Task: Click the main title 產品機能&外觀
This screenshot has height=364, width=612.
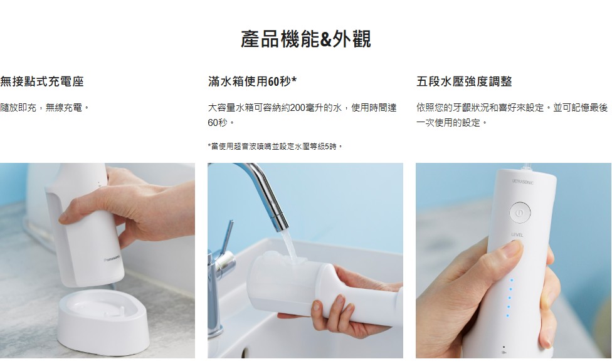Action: (305, 39)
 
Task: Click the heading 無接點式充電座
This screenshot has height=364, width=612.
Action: (42, 81)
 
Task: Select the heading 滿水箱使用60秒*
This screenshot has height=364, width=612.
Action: (252, 81)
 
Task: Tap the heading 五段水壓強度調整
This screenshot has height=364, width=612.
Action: (464, 81)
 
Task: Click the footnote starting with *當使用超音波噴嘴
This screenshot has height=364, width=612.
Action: (275, 147)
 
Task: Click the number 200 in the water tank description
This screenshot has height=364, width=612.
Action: (298, 107)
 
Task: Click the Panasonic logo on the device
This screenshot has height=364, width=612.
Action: (113, 259)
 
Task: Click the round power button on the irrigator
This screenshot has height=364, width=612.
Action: (519, 212)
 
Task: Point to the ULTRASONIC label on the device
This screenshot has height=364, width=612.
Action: (522, 182)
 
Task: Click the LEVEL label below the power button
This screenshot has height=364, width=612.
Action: (517, 234)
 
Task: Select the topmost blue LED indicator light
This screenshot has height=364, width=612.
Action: (511, 280)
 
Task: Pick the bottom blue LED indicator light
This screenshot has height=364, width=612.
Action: (507, 316)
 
